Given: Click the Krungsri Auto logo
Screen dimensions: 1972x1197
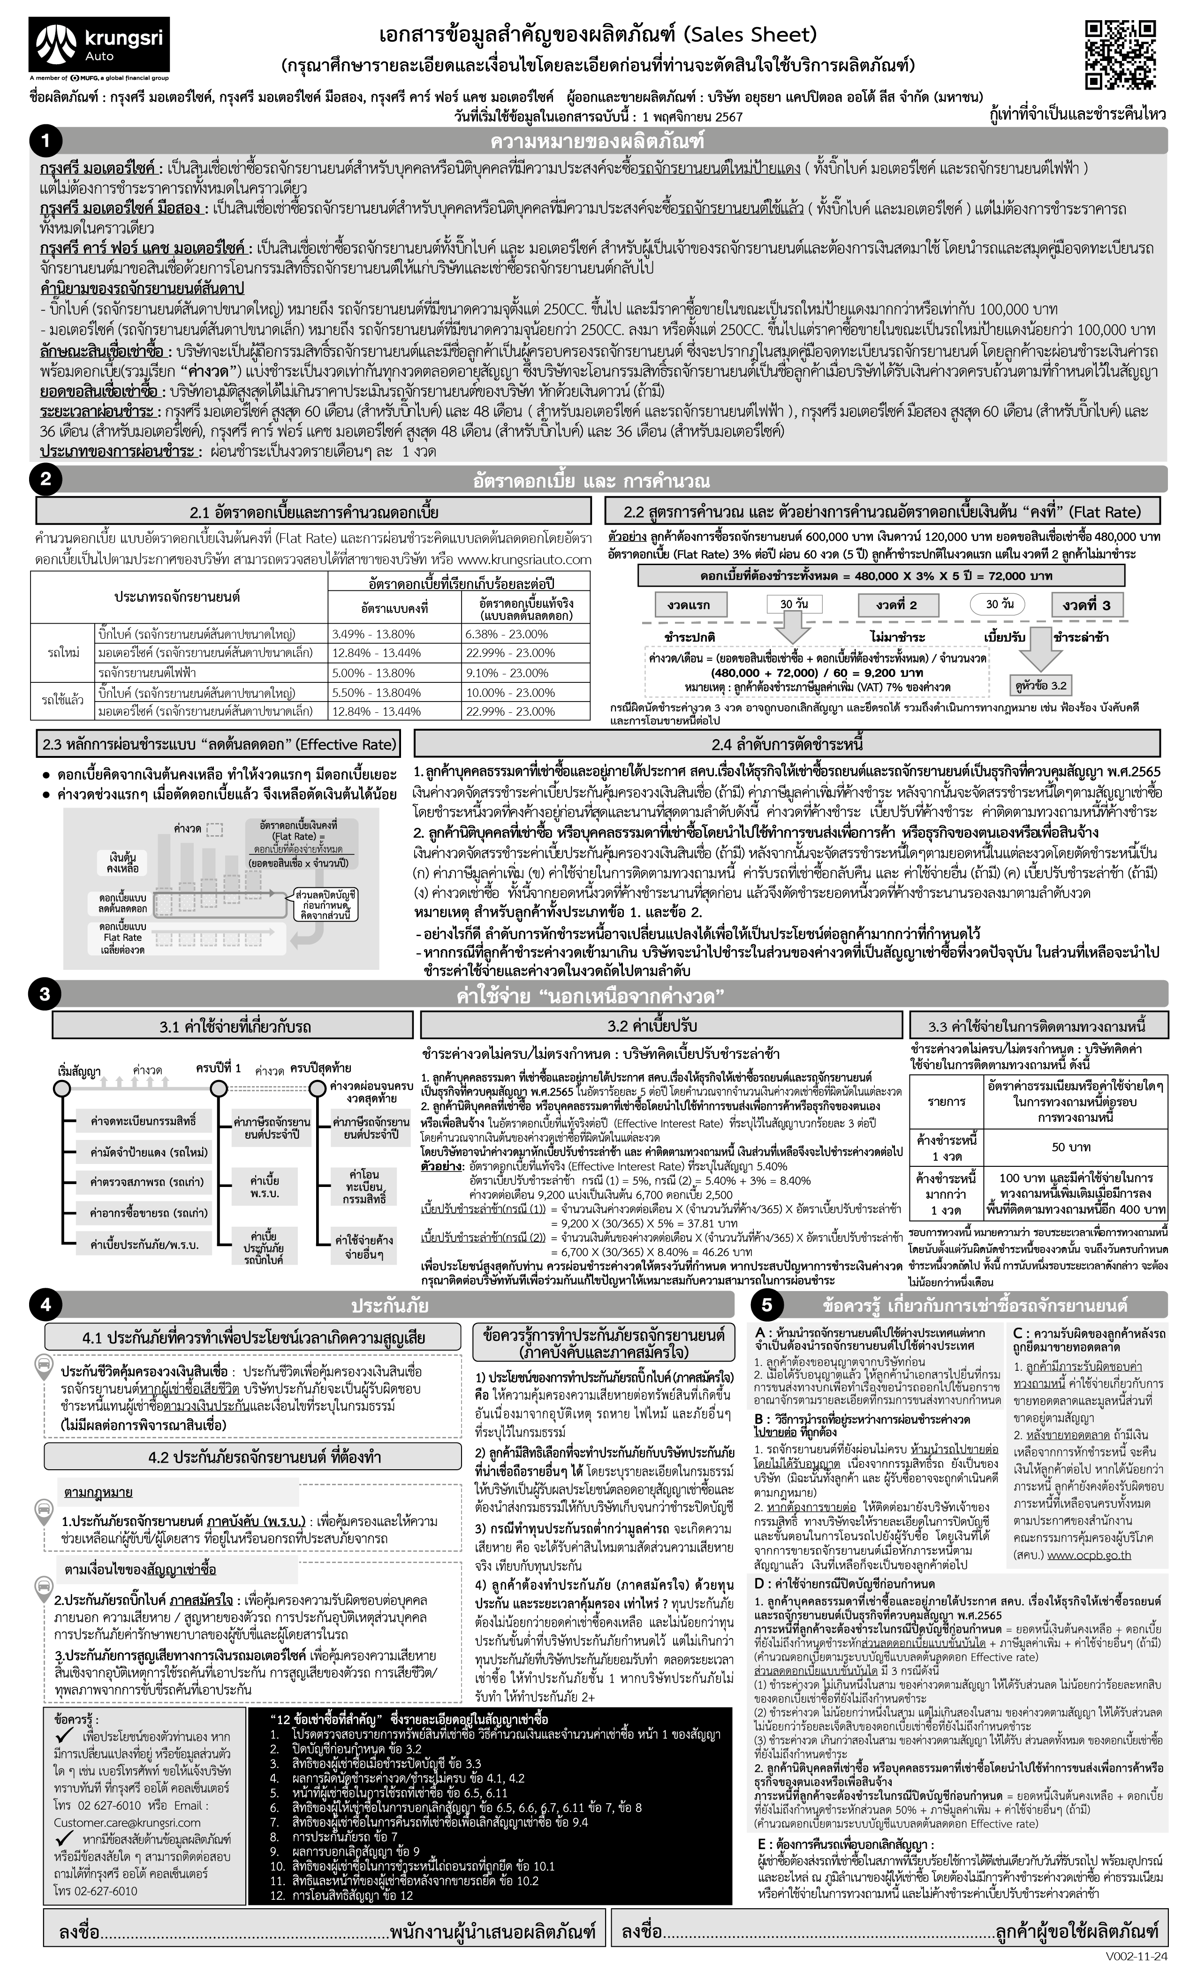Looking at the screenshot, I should (x=98, y=45).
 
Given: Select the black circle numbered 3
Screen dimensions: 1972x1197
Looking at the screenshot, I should (x=45, y=994).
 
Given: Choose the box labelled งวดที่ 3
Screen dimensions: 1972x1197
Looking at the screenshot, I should (x=1086, y=605).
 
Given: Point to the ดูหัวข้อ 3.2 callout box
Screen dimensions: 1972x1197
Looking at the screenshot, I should (x=1040, y=686).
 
